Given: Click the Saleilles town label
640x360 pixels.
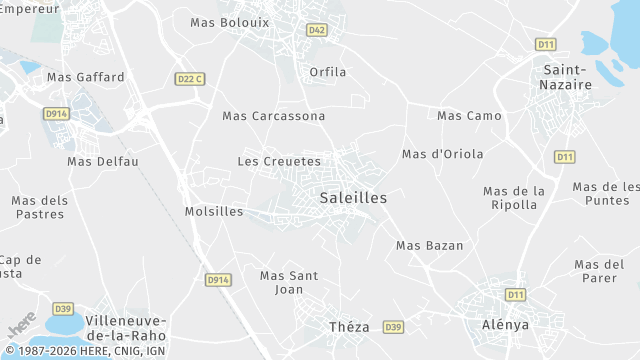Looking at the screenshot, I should tap(353, 198).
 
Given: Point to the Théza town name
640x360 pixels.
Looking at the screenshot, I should tap(349, 327).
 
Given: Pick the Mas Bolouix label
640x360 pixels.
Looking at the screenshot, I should tap(230, 21).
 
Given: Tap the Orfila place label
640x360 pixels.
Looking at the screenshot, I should tap(328, 72).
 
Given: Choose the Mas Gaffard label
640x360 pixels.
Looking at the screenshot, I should tap(86, 77).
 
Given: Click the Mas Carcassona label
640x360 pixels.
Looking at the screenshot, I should tap(274, 116).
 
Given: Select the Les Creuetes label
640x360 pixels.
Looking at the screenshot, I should tap(279, 161).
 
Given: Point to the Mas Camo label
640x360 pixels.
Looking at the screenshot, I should tap(469, 116).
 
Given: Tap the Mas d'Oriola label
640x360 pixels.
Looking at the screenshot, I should tap(442, 154).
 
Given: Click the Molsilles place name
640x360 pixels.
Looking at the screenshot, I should tap(214, 211).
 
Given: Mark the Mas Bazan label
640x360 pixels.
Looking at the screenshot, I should tap(430, 245).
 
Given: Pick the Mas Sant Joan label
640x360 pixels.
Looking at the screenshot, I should tap(288, 282).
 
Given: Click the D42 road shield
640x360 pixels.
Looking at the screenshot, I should tap(317, 30).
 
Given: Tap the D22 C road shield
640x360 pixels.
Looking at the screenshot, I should tap(189, 79).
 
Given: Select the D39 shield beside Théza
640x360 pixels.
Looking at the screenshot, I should tap(393, 327).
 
